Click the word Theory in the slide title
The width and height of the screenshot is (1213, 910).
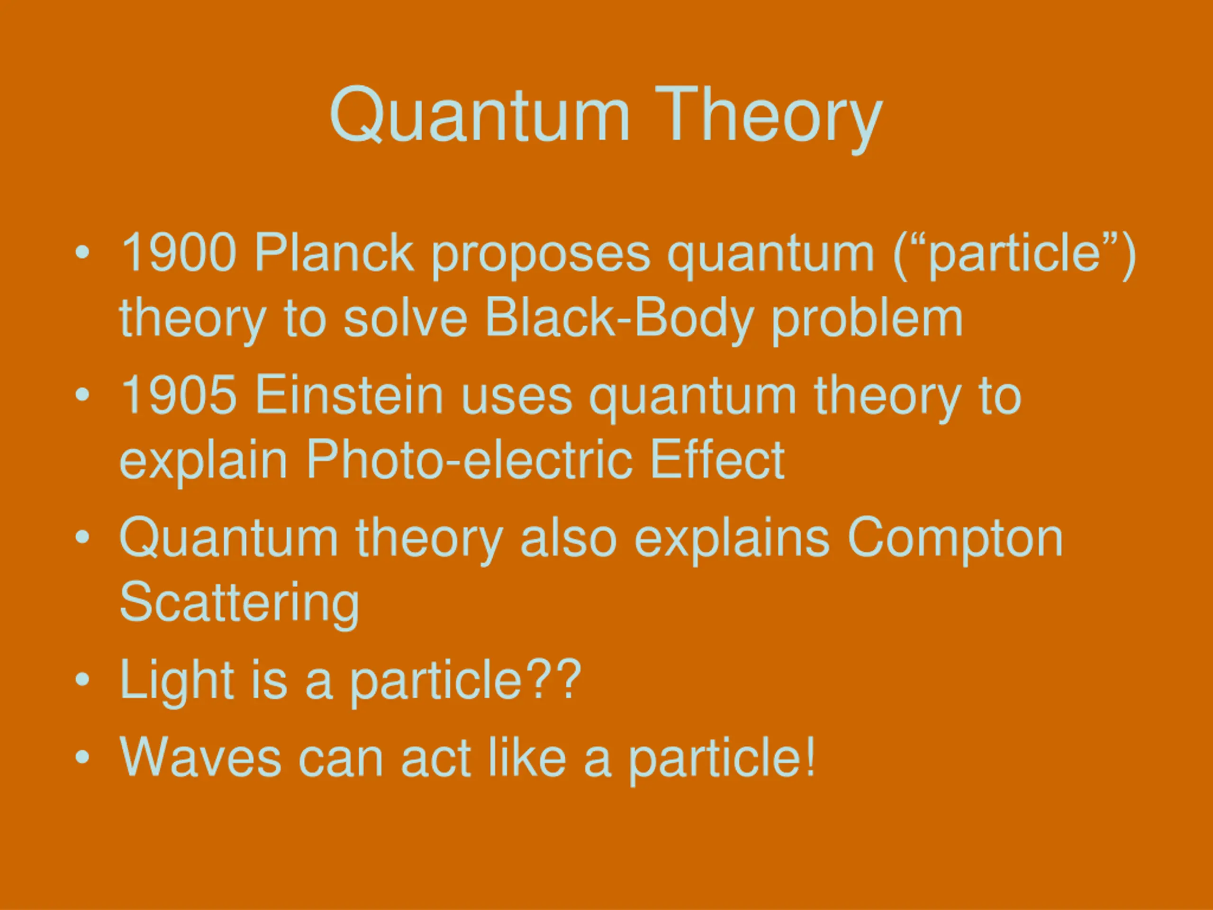coord(769,119)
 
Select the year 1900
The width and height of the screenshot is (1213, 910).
coord(179,252)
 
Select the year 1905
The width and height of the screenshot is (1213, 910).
coord(179,394)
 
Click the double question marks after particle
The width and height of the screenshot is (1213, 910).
coord(552,679)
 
